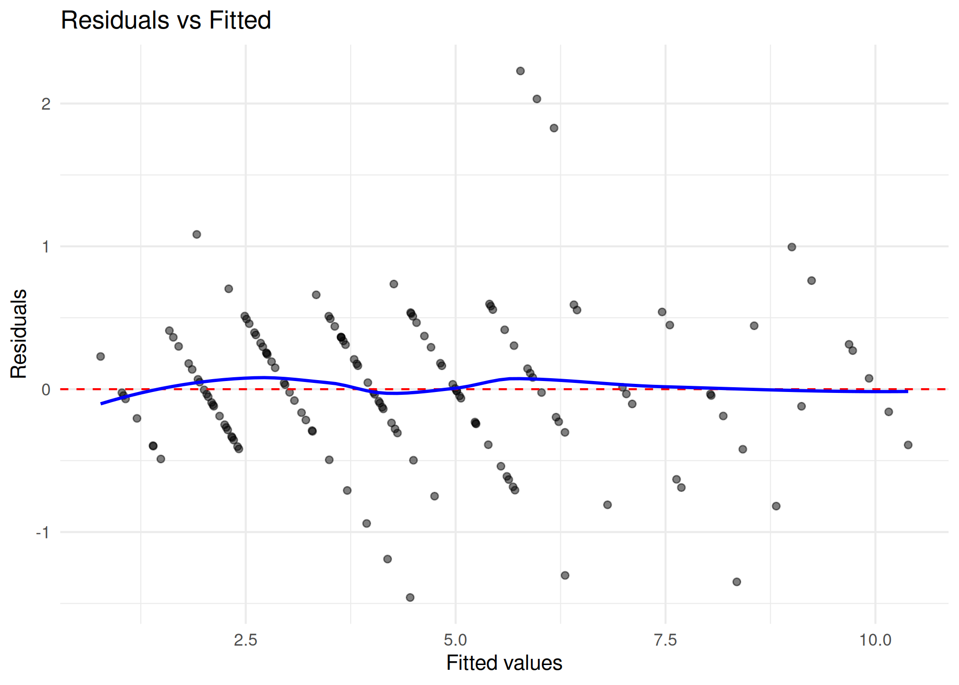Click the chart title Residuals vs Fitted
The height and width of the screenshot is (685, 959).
pos(166,20)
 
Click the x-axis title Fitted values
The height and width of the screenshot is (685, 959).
pos(504,663)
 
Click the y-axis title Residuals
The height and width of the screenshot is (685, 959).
pos(19,333)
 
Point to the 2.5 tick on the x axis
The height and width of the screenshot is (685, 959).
pos(245,640)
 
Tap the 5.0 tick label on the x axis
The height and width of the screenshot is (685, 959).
pos(455,640)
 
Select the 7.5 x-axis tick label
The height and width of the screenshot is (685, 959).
pos(665,640)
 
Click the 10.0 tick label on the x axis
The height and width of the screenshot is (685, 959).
pos(875,640)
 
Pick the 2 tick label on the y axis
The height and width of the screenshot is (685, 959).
pos(46,104)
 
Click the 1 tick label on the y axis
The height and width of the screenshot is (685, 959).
pos(46,247)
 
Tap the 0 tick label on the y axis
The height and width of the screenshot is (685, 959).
pos(46,390)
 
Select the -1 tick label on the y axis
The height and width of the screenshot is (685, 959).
pos(43,533)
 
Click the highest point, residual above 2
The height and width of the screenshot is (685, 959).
pos(520,71)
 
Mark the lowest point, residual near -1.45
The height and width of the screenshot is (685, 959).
pos(410,597)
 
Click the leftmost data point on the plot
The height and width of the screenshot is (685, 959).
pos(100,356)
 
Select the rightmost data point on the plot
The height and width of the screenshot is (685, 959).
pos(908,445)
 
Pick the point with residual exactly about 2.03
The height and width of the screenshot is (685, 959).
pos(537,99)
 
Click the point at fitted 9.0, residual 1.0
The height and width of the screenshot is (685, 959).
pos(792,247)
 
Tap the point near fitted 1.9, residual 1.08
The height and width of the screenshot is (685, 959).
pos(196,235)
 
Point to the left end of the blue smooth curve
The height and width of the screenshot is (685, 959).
pos(101,403)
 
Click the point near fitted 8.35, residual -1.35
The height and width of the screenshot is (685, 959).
pos(737,582)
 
